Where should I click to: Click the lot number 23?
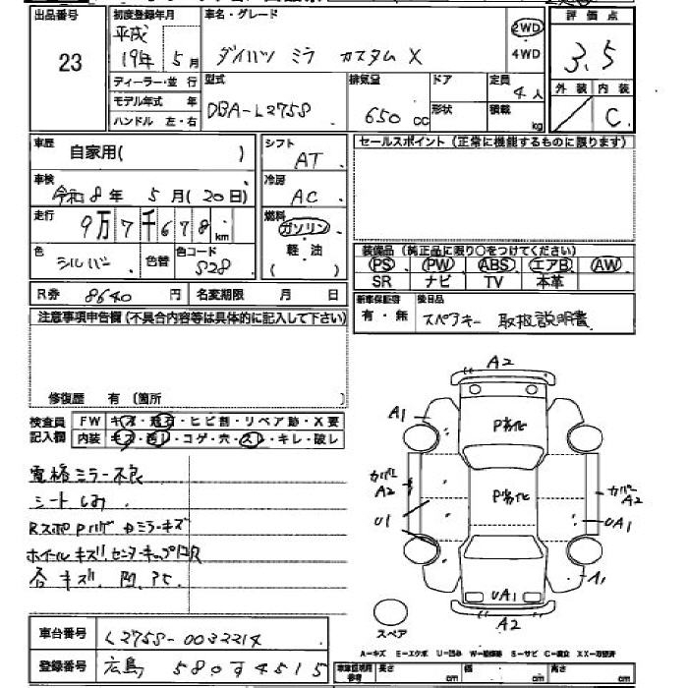click(70, 63)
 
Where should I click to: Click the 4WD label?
click(527, 54)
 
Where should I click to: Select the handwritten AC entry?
click(306, 196)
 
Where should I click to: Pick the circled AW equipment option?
click(607, 265)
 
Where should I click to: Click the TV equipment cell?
click(494, 282)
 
